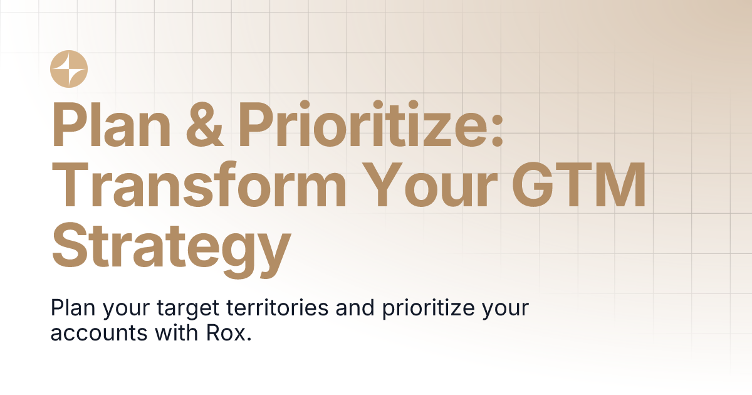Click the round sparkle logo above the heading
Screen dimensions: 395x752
(x=69, y=68)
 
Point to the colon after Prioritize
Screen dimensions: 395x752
(x=497, y=132)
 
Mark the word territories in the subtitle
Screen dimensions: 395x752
(x=280, y=309)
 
